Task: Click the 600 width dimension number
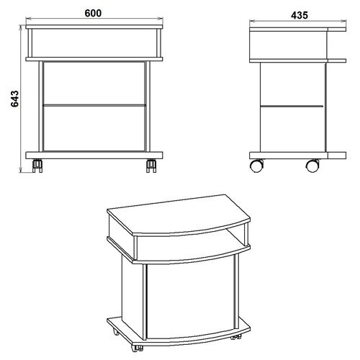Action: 93,13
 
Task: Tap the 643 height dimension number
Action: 15,99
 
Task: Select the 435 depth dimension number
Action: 300,15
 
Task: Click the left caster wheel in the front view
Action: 37,166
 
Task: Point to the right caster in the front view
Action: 151,166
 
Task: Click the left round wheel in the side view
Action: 256,166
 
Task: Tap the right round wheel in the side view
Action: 312,166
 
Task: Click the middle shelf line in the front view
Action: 94,105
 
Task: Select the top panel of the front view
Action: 94,27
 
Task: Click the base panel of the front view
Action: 94,156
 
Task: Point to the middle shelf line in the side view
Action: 292,106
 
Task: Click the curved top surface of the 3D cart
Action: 179,215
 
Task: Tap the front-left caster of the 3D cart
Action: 137,348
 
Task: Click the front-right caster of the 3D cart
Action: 235,337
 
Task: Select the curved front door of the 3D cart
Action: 191,297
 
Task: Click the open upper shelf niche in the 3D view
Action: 236,235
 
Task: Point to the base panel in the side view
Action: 297,156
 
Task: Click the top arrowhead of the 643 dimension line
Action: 21,27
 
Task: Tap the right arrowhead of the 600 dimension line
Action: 161,18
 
